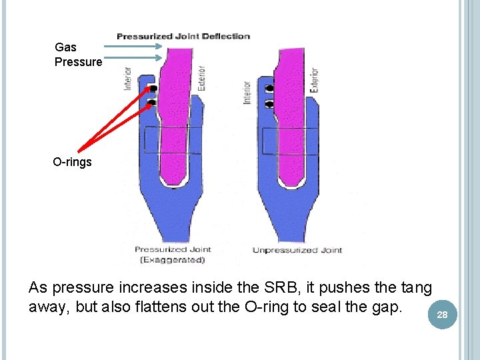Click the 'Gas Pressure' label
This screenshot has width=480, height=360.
[x=78, y=54]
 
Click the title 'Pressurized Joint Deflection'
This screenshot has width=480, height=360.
[x=183, y=36]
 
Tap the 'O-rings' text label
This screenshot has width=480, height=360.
[x=73, y=162]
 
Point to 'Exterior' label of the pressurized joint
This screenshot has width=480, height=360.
[x=201, y=77]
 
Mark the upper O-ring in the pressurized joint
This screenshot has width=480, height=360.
[x=153, y=89]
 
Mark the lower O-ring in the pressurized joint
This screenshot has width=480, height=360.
[x=152, y=102]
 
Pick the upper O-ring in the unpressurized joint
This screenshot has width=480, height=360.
[x=269, y=89]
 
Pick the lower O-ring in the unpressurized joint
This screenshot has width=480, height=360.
[x=269, y=103]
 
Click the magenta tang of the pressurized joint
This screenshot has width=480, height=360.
[x=175, y=113]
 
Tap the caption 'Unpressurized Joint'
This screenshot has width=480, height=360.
[x=297, y=250]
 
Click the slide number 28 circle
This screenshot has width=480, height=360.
[x=442, y=314]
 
